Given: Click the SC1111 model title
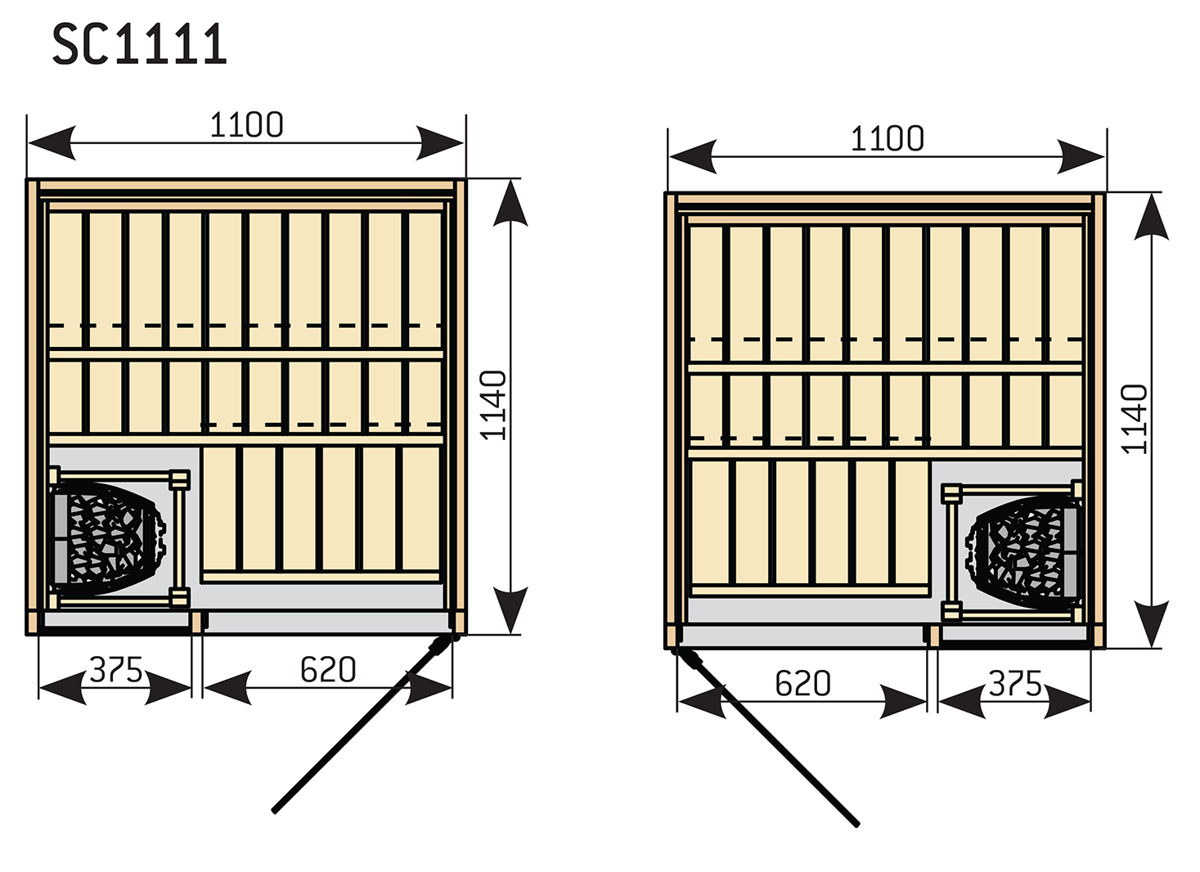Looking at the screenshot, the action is click(x=140, y=45).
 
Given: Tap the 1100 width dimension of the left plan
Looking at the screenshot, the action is click(x=246, y=125).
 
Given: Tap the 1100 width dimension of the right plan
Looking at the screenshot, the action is click(x=888, y=139).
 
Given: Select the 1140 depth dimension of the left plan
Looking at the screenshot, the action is click(x=493, y=405).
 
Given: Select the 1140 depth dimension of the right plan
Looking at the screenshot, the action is click(x=1135, y=419).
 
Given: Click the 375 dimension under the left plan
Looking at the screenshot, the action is click(x=115, y=669).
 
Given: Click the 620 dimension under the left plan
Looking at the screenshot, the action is click(x=328, y=669).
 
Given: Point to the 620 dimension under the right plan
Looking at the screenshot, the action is click(x=803, y=684).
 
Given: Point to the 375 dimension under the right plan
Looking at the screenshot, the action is click(x=1015, y=684).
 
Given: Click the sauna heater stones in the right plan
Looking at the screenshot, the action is click(x=1022, y=552).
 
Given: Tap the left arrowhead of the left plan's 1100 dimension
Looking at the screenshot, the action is click(x=51, y=143).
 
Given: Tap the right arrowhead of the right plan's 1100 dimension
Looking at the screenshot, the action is click(x=1081, y=157).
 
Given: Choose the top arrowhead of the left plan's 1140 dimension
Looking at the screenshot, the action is click(x=510, y=203).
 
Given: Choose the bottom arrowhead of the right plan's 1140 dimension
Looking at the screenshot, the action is click(x=1152, y=623).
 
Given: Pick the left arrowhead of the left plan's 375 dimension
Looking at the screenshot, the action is click(x=62, y=688).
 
